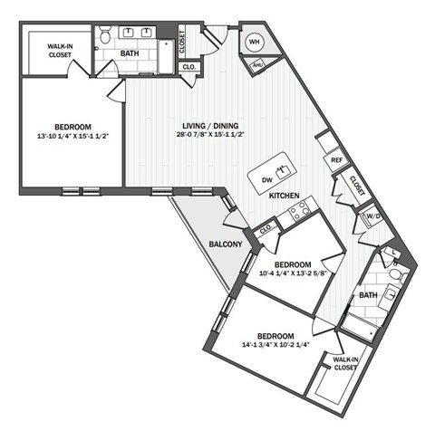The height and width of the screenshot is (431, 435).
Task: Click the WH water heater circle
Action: pyautogui.click(x=253, y=42)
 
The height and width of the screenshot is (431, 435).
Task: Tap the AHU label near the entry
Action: pyautogui.click(x=257, y=64)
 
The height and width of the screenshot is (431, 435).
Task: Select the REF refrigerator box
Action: pyautogui.click(x=335, y=160)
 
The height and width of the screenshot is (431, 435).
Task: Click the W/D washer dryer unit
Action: pyautogui.click(x=372, y=216)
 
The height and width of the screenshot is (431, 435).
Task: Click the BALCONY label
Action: pyautogui.click(x=225, y=244)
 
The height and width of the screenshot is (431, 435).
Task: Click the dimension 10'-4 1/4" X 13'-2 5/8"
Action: pyautogui.click(x=292, y=272)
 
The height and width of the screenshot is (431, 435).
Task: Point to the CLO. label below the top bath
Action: pyautogui.click(x=189, y=67)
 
